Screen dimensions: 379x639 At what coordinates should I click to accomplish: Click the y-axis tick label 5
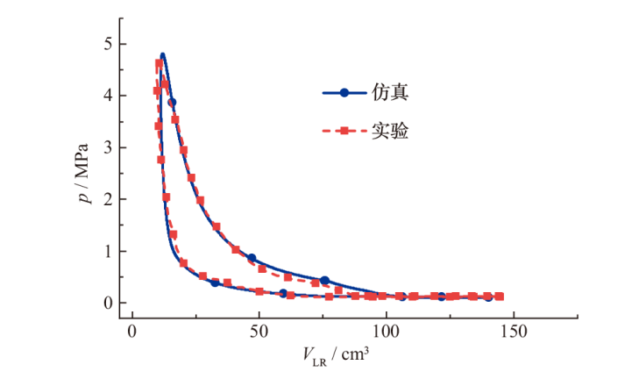tap(109, 44)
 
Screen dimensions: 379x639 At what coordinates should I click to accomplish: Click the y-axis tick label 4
tap(109, 96)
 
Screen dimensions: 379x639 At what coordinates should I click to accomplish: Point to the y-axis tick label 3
tap(109, 147)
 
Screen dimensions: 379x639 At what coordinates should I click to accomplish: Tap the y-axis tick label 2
tap(109, 199)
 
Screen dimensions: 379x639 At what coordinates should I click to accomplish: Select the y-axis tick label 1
tap(109, 251)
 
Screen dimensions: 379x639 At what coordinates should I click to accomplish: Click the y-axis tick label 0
tap(109, 303)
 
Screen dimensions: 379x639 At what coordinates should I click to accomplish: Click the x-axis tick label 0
tap(132, 333)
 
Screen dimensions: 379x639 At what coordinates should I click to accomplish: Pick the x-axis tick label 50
tap(259, 333)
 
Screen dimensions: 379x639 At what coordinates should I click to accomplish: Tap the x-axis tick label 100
tap(386, 333)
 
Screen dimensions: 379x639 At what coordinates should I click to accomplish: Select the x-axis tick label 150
tap(513, 333)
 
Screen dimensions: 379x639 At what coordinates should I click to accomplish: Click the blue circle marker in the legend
tap(344, 91)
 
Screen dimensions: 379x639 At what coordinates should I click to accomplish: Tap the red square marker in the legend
tap(344, 132)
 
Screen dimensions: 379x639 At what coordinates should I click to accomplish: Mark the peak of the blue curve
tap(162, 54)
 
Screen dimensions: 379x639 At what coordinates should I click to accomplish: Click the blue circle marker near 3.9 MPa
tap(172, 102)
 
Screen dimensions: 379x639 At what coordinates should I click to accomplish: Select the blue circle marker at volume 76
tap(324, 281)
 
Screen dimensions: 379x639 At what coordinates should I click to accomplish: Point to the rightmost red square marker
tap(500, 297)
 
